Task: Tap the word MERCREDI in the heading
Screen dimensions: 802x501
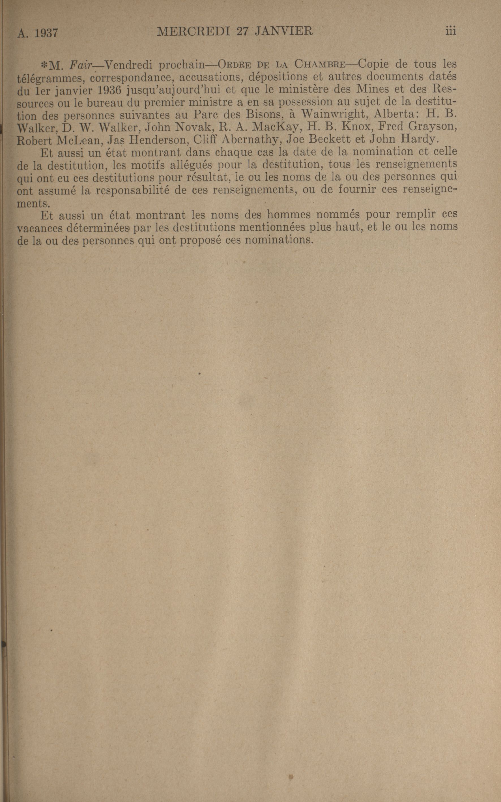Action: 193,31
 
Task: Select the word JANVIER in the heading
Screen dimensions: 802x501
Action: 284,31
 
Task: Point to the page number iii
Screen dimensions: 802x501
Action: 451,31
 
